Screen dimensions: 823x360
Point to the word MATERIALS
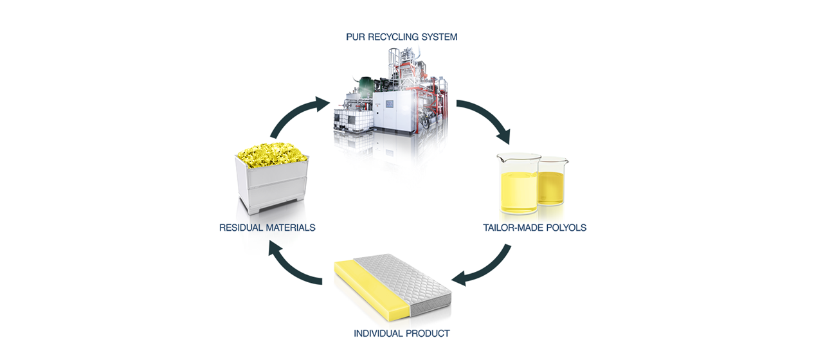pos(291,228)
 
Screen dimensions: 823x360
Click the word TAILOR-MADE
pos(513,228)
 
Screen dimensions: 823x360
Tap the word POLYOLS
pos(566,228)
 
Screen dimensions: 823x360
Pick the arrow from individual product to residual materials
pos(290,267)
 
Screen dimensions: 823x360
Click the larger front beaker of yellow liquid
pos(518,184)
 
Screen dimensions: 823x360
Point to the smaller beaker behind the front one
pos(552,182)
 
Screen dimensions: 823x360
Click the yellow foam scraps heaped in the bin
pos(272,155)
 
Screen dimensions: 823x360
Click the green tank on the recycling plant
pos(366,86)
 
